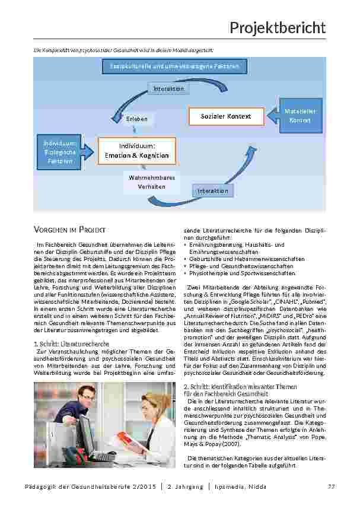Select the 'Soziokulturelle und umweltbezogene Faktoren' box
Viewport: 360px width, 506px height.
tap(170, 67)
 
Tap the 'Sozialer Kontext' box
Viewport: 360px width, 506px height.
tap(225, 116)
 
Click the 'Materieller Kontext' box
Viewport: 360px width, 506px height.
tap(300, 116)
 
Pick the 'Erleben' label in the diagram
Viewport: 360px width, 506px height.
tap(136, 119)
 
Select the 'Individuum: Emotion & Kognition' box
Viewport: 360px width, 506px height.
tap(136, 151)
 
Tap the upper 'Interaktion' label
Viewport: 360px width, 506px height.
tap(169, 89)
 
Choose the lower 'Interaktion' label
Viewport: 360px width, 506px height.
tap(213, 190)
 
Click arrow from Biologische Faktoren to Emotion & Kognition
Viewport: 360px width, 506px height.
tap(89, 151)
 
